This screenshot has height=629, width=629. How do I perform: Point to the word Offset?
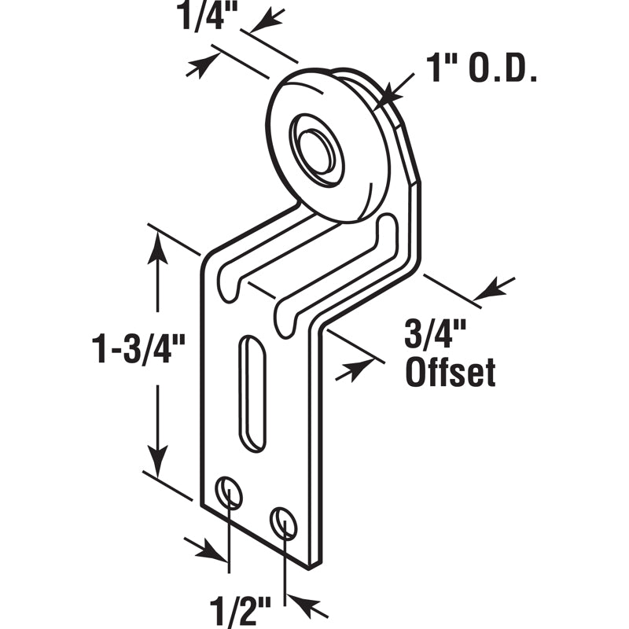(450, 372)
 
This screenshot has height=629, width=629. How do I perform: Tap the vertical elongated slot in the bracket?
(252, 393)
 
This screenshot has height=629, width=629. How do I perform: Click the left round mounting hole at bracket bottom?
(230, 493)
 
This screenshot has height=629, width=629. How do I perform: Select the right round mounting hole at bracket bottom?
(283, 522)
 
